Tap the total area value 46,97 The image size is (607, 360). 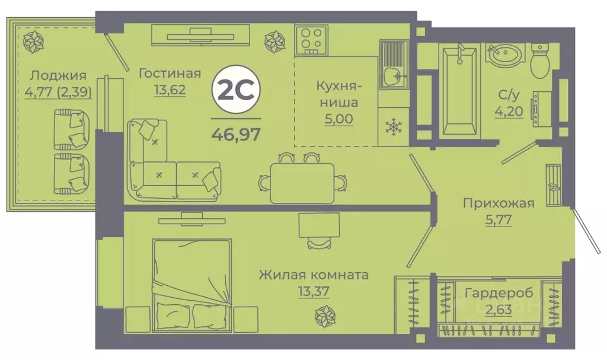point(236,133)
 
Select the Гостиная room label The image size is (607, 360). point(170,74)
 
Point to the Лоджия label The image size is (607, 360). point(58,75)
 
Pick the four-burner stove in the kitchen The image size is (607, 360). point(312,39)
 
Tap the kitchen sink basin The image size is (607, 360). point(391,75)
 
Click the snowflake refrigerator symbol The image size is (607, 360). point(392,126)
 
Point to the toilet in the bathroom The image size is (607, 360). point(540,61)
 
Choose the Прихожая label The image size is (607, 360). point(499,203)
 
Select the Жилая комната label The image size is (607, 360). point(314,275)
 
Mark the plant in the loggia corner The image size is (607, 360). point(30,40)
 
